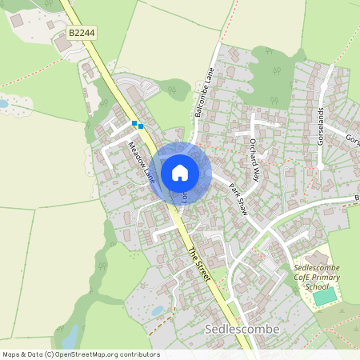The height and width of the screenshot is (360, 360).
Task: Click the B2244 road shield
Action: (82, 32)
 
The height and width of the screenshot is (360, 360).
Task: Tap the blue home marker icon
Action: (180, 172)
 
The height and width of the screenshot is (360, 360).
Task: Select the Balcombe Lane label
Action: (205, 92)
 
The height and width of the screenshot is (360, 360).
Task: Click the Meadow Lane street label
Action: (141, 161)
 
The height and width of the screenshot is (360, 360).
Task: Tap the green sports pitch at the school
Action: (325, 297)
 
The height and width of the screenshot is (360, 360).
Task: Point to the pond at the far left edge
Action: (3, 103)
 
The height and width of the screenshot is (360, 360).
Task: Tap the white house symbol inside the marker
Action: (180, 172)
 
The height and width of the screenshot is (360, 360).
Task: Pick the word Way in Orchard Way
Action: (257, 170)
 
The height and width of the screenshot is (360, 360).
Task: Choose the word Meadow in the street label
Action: (136, 154)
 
